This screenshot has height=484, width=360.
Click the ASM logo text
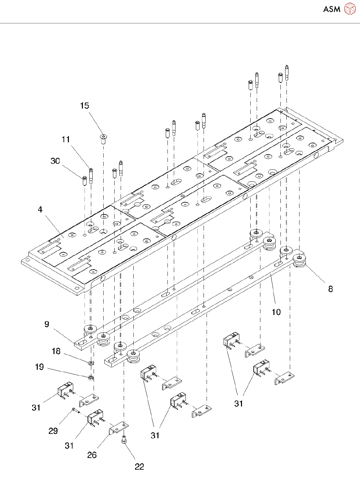click(x=332, y=9)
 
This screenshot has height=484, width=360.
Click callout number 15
click(x=85, y=106)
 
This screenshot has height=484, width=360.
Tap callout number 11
click(x=66, y=139)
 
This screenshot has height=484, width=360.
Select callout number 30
click(x=55, y=161)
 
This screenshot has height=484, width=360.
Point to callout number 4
click(x=40, y=210)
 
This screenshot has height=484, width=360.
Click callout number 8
click(x=330, y=289)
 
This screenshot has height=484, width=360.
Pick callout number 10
click(x=276, y=312)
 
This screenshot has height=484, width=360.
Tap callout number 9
click(x=47, y=324)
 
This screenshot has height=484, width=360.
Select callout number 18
click(x=56, y=351)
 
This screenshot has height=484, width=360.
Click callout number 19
click(x=39, y=367)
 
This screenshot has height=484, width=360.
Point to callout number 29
click(x=53, y=431)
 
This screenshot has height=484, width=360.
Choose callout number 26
click(x=92, y=455)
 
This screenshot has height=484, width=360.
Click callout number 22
click(x=139, y=467)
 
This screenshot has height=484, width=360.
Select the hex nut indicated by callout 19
click(x=91, y=378)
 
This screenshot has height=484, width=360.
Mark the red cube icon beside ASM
click(x=350, y=9)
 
